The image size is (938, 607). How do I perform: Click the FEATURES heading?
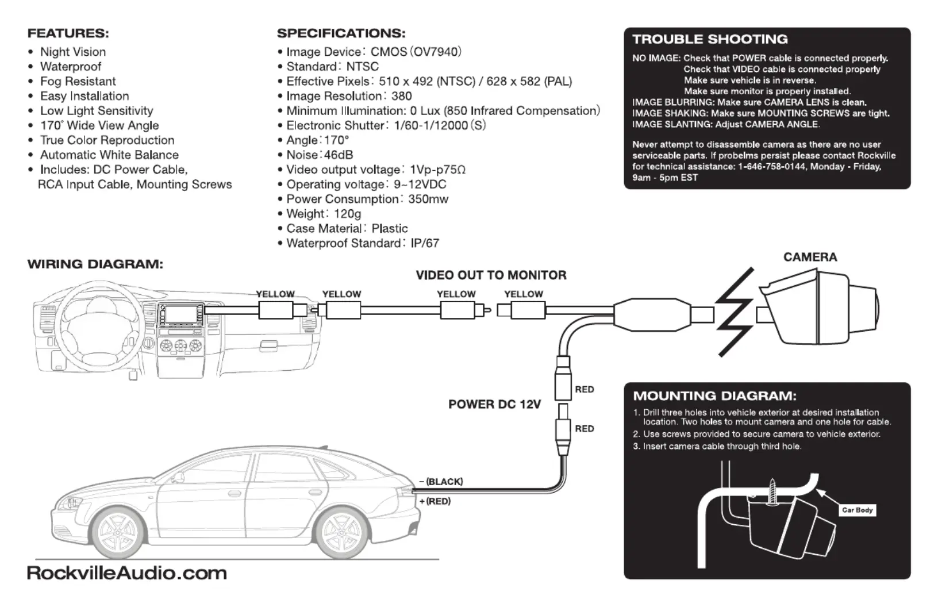(68, 33)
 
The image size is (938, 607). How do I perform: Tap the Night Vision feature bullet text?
(73, 52)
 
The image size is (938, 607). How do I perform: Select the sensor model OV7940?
(436, 52)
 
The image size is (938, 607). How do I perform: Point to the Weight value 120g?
(348, 214)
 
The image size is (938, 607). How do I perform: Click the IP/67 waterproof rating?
(425, 243)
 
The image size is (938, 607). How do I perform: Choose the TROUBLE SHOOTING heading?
(710, 40)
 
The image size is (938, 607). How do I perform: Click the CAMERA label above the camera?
(810, 257)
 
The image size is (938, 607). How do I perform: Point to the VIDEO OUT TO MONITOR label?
(491, 275)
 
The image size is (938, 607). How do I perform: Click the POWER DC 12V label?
(494, 404)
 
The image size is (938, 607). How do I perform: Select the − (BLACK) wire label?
(441, 482)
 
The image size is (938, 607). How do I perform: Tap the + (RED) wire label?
(435, 501)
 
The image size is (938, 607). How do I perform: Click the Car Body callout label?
(857, 510)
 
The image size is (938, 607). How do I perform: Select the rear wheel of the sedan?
(341, 532)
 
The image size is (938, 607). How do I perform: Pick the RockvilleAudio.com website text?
(127, 574)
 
